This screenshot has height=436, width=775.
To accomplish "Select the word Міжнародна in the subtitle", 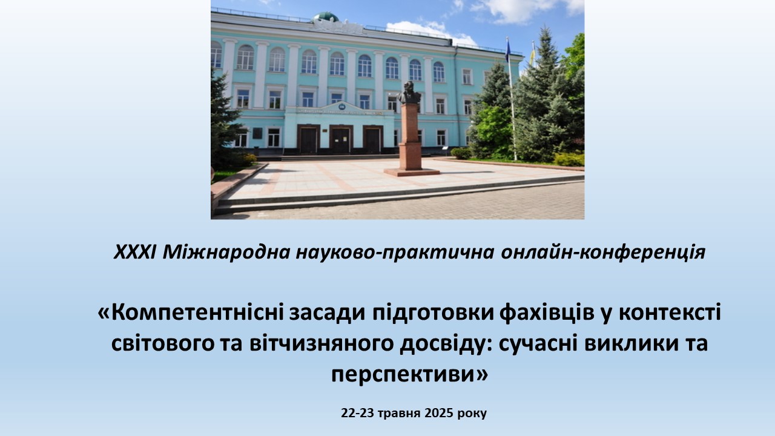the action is click(x=226, y=252).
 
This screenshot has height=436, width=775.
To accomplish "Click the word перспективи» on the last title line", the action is click(x=410, y=375).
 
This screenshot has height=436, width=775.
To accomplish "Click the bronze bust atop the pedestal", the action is click(x=409, y=93).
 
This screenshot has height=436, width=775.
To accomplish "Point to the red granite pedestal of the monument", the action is click(x=410, y=139).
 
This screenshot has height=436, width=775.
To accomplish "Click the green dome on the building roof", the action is click(x=326, y=16).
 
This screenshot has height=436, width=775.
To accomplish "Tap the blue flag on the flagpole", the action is click(x=507, y=50).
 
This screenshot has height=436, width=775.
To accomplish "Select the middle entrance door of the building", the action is click(x=341, y=140).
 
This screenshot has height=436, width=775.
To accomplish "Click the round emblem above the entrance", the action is click(x=342, y=107).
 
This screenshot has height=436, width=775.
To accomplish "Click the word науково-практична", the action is click(x=395, y=253).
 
